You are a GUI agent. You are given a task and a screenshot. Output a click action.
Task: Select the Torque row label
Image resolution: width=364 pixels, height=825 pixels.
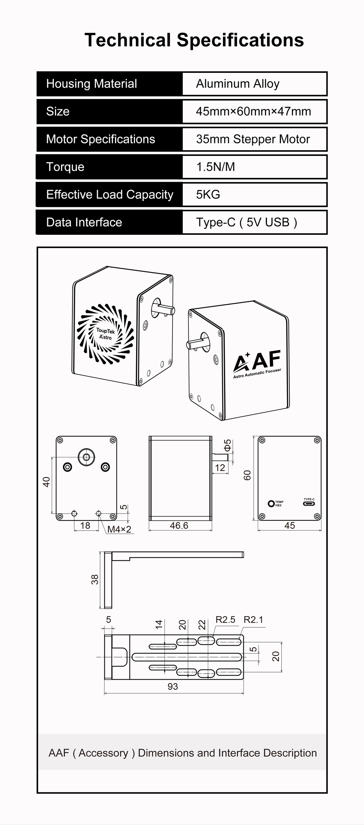coord(65,167)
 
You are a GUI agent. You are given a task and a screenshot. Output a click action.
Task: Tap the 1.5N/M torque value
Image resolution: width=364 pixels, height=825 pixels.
coord(215,167)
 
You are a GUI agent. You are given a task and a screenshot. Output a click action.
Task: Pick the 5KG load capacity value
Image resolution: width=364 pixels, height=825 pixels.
coord(208,195)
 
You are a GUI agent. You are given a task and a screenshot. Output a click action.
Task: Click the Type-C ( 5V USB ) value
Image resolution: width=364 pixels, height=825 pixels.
coord(246,222)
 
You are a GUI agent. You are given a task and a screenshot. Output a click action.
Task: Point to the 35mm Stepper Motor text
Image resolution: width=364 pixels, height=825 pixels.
coord(253,139)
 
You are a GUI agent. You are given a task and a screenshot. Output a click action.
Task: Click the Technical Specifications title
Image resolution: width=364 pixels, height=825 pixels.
coord(194,40)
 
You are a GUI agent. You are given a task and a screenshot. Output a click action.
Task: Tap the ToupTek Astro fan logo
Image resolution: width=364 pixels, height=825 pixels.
coord(105,334)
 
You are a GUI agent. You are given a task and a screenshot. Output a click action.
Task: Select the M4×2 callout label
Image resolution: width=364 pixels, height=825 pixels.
coord(119,529)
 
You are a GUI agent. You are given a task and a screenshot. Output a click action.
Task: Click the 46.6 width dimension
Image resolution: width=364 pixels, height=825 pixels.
coord(179,525)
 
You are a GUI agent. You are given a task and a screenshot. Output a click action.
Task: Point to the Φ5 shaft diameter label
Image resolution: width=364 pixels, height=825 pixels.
coord(227,445)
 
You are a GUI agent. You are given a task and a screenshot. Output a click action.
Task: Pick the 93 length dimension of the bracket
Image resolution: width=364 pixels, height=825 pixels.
coord(173,686)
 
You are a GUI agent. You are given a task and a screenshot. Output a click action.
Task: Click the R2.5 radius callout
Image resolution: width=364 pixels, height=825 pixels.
coord(225,619)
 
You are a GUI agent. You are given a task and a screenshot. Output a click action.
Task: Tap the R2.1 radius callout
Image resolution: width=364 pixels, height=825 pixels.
coord(253,619)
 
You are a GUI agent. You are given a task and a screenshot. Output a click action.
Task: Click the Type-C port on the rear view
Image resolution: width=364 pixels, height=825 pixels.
coord(309,504)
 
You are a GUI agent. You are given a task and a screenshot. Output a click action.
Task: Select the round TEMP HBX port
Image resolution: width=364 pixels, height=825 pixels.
coord(271,504)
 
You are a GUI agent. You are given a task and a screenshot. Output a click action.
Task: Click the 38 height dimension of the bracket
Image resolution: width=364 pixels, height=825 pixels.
coord(94,579)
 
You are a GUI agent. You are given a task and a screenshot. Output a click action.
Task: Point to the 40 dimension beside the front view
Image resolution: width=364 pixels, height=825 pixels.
coord(46,482)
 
